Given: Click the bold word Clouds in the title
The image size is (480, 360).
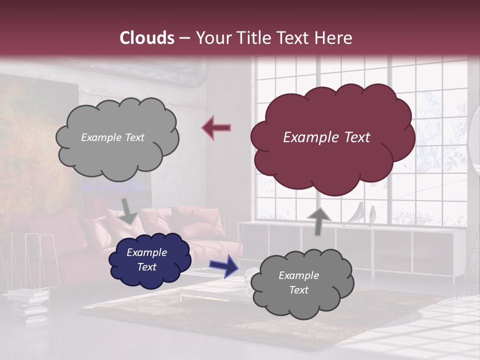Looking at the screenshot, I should [147, 38].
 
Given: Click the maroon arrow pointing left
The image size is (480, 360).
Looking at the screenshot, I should [216, 128].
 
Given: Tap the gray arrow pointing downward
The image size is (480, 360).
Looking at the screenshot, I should [128, 211].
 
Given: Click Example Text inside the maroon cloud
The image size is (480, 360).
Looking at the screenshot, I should [326, 137].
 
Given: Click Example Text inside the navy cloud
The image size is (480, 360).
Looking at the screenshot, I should [146, 259].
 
